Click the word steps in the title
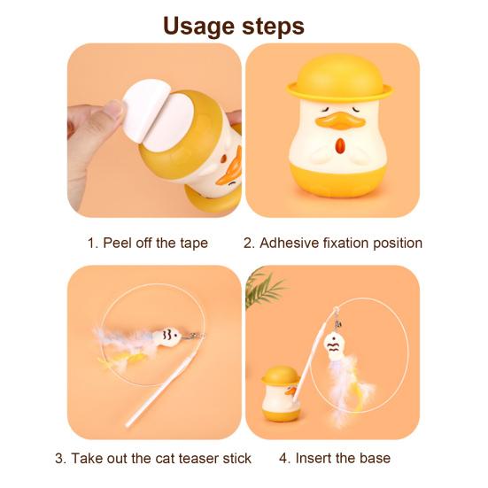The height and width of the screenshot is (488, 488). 273,27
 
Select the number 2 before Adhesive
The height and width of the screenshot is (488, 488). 249,242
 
